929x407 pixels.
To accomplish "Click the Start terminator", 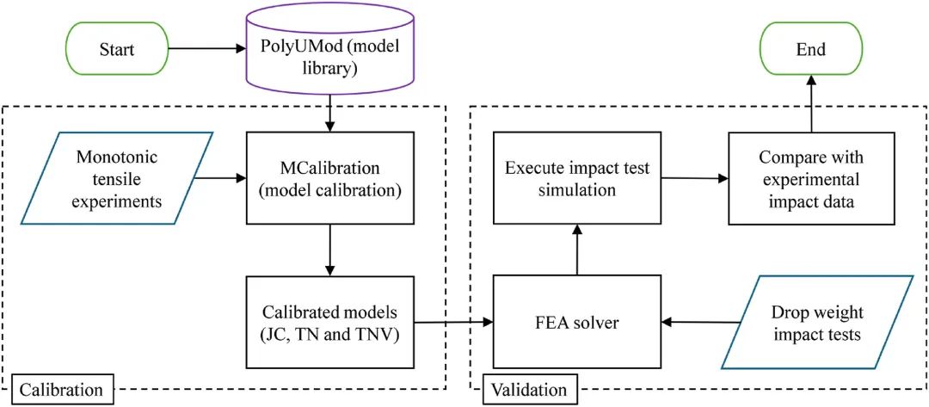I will click(117, 49).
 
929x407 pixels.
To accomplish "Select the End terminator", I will click(810, 49).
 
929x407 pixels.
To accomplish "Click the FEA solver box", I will click(576, 323).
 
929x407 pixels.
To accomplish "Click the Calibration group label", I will click(62, 390).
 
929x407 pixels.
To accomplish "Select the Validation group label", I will click(528, 390).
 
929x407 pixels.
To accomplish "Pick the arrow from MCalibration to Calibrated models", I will click(330, 250).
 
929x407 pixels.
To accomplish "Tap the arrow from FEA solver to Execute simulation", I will click(576, 250).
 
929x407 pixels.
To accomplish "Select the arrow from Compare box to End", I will click(810, 103).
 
